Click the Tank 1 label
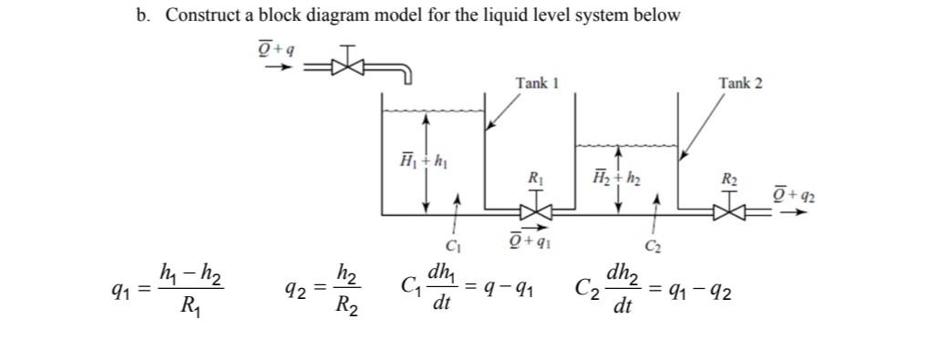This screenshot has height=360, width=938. coord(536,83)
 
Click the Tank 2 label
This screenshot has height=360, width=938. coord(740,83)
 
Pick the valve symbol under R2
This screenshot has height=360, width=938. coord(729,214)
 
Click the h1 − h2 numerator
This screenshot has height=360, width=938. coord(191,272)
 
